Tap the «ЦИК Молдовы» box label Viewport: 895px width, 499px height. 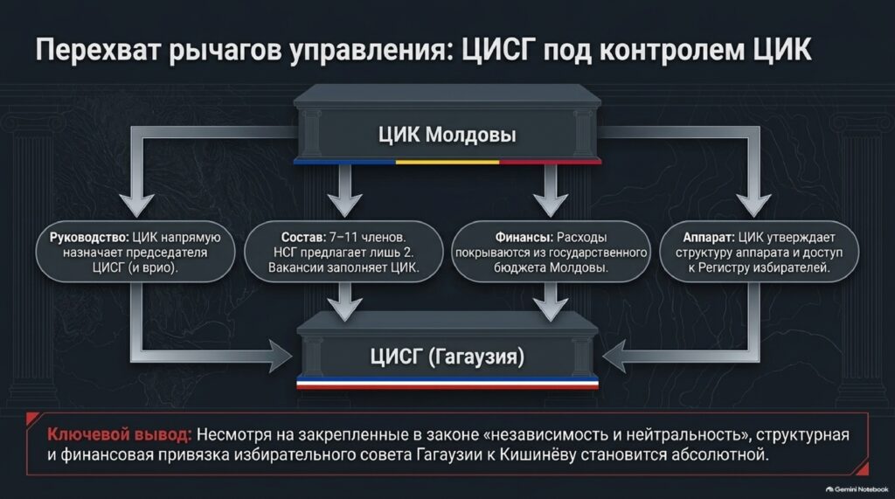click(447, 135)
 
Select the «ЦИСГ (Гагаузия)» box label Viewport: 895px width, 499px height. click(447, 357)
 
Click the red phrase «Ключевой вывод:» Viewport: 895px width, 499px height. click(119, 435)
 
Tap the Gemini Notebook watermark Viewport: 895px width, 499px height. click(857, 489)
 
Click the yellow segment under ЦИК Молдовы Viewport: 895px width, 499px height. click(447, 163)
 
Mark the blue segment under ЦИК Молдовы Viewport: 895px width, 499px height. click(344, 163)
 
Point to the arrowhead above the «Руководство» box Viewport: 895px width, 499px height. click(136, 204)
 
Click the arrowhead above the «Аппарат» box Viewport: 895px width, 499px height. click(753, 204)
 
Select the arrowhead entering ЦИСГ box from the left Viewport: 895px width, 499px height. click(281, 357)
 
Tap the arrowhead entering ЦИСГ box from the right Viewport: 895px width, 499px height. click(614, 357)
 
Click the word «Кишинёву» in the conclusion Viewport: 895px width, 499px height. click(531, 455)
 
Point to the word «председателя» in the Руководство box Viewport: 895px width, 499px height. click(167, 253)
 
